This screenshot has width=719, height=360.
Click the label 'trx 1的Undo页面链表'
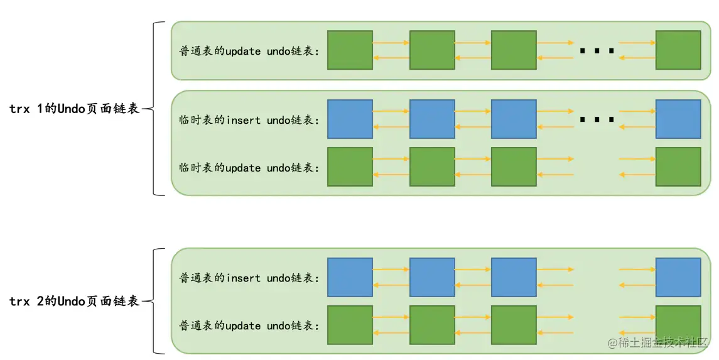(x=74, y=109)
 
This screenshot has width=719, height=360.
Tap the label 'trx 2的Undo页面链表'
(x=74, y=302)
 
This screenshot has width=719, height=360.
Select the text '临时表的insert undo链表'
(x=249, y=119)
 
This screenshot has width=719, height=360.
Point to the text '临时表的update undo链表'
(x=249, y=168)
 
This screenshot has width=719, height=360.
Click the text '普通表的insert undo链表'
(x=249, y=278)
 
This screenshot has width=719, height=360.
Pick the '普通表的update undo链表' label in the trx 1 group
(x=249, y=51)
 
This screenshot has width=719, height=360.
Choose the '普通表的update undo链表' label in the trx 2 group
(x=249, y=325)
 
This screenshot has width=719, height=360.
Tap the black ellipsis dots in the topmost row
(x=597, y=50)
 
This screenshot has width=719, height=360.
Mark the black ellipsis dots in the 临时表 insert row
(x=597, y=119)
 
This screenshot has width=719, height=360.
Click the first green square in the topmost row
(x=350, y=50)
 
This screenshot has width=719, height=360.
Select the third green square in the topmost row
(x=514, y=50)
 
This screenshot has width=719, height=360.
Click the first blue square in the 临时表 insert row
(x=350, y=119)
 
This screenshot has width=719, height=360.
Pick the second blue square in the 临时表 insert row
(x=432, y=119)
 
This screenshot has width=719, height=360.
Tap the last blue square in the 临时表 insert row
(x=678, y=119)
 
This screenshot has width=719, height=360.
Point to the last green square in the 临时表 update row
(x=678, y=167)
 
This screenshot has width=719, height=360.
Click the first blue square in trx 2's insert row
(x=350, y=277)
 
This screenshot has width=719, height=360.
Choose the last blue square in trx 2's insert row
(x=678, y=277)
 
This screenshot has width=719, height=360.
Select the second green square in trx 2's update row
(x=432, y=325)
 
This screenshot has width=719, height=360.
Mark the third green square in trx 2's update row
(x=514, y=325)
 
